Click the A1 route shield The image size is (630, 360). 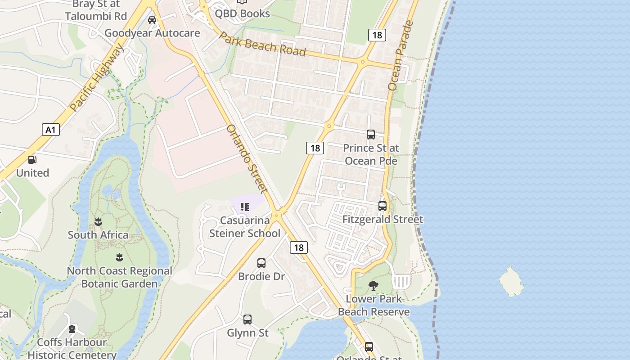click(x=51, y=130)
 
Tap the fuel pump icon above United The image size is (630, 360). click(x=32, y=160)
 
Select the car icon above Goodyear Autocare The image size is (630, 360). click(x=152, y=20)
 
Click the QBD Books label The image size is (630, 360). click(x=242, y=13)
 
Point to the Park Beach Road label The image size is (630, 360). click(x=263, y=45)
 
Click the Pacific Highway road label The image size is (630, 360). click(x=96, y=79)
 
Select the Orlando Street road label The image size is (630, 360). click(x=247, y=158)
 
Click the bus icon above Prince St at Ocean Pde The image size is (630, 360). click(x=370, y=134)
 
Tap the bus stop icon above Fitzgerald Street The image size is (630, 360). click(x=382, y=206)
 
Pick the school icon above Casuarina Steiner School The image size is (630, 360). click(x=245, y=207)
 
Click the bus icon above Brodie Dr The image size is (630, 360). click(x=261, y=263)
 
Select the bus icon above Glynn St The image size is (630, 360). click(x=247, y=319)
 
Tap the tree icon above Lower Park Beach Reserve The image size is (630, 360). click(x=373, y=285)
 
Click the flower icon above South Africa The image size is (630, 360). click(x=98, y=221)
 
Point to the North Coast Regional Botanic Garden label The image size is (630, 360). click(x=119, y=277)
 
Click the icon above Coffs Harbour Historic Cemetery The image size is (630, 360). click(x=72, y=329)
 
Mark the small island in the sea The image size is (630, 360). click(x=511, y=282)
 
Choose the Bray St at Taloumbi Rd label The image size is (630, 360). click(x=95, y=10)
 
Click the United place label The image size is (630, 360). click(x=32, y=173)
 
